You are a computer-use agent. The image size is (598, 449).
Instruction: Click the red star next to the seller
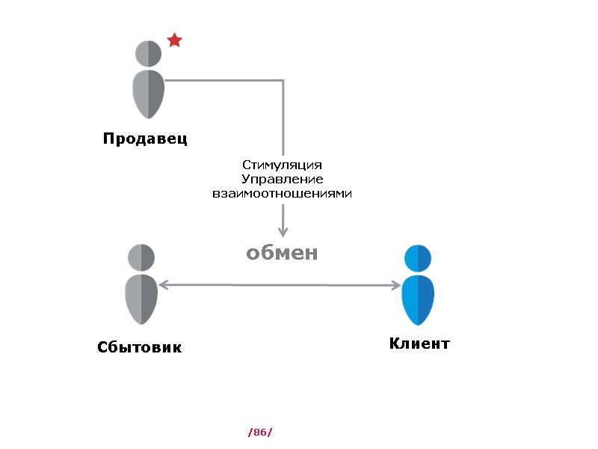(x=174, y=40)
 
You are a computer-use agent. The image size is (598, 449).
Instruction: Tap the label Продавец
(x=145, y=138)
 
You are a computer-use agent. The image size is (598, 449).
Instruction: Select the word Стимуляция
(x=283, y=165)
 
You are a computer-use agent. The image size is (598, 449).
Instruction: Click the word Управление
(x=283, y=179)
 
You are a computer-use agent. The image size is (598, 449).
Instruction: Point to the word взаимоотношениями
(x=283, y=193)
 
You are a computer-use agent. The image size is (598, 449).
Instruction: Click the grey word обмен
(x=283, y=254)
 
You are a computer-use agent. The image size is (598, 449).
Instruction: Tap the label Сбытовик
(x=139, y=348)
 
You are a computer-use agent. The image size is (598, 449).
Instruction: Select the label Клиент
(x=419, y=344)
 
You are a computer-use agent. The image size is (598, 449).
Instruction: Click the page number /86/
(x=259, y=433)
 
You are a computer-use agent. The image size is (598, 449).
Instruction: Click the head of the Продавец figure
(x=149, y=54)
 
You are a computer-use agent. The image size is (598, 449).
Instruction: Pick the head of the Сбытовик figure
(x=141, y=257)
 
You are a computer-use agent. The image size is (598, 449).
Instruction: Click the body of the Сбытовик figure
(x=141, y=299)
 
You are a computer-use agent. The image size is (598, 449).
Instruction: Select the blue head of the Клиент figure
(x=418, y=257)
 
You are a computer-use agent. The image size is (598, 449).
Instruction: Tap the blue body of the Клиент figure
(x=418, y=299)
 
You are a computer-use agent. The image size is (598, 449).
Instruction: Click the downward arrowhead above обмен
(x=283, y=232)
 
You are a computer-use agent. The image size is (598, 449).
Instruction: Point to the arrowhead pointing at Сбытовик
(x=163, y=284)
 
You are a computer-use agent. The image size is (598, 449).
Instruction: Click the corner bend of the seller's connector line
(x=283, y=80)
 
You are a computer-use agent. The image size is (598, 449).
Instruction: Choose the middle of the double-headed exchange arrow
(x=280, y=285)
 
